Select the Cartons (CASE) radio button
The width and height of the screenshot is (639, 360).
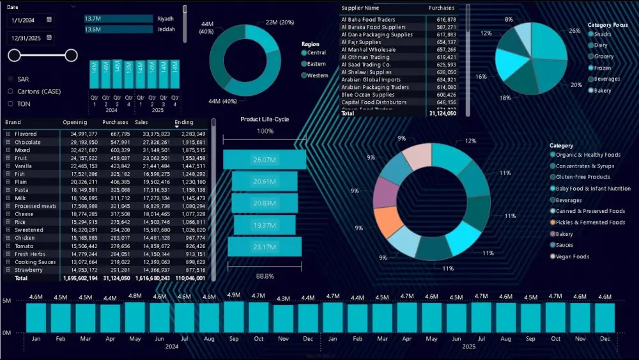10,91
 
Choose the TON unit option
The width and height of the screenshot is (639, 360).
10,104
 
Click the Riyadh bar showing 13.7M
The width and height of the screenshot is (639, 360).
119,19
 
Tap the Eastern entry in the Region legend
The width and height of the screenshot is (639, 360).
316,64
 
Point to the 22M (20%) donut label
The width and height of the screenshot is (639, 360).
279,22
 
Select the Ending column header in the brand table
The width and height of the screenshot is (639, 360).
184,122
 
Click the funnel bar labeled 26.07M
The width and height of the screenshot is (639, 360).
265,160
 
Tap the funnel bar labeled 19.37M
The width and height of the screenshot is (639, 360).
265,226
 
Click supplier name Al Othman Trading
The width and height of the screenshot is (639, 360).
366,57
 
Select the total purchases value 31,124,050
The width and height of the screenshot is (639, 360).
442,113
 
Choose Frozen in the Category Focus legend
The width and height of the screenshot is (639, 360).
603,68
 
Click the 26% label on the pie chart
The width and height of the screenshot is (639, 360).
575,31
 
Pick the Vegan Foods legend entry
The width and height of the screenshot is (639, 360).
572,256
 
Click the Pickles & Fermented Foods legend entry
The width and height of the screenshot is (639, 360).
590,223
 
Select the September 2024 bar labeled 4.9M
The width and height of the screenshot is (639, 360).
234,316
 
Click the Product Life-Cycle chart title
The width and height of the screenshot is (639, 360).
265,119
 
